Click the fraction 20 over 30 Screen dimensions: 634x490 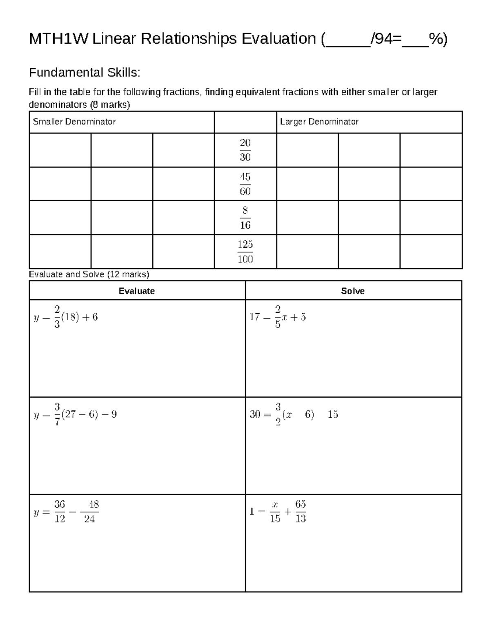click(x=245, y=150)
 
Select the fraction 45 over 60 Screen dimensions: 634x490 click(x=245, y=184)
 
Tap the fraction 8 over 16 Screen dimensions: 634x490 click(x=245, y=218)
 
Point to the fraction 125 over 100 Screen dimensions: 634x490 click(x=245, y=251)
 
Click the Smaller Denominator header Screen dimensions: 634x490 click(x=74, y=122)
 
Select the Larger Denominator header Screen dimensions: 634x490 click(x=319, y=122)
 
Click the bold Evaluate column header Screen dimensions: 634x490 click(x=136, y=291)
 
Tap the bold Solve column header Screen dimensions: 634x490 click(x=353, y=291)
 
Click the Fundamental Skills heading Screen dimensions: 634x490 click(x=85, y=73)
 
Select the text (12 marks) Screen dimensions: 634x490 click(x=128, y=274)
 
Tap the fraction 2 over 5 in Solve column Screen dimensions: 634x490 click(x=278, y=317)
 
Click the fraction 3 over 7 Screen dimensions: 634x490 click(x=57, y=414)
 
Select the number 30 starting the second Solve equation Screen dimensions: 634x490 click(x=255, y=414)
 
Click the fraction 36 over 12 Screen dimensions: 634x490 click(x=60, y=512)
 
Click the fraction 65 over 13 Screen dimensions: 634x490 click(x=301, y=512)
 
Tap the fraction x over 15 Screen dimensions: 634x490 click(x=275, y=512)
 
